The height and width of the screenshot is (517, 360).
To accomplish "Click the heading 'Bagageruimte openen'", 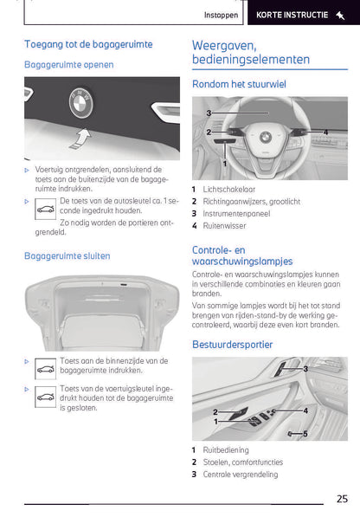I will coord(68,64).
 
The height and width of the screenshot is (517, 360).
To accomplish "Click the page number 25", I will coord(343,498).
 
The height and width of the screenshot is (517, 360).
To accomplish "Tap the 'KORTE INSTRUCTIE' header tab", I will coord(299,15).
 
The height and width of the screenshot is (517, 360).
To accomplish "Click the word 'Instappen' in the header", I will coord(222,15).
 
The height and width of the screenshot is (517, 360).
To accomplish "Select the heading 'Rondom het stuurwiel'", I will coord(238,84).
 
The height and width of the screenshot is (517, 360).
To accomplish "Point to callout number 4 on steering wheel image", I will coord(325,132).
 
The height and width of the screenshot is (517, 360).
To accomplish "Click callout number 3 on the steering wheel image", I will coord(209,113).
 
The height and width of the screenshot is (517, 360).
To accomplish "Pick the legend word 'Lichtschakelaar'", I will coord(228,189).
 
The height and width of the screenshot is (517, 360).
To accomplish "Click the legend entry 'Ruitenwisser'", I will coord(225,225).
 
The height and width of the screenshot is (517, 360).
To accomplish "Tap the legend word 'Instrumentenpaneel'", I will coord(235,213).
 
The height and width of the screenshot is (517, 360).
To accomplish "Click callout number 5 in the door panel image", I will coord(305,433).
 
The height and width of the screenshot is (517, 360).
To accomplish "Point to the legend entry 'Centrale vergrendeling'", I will coord(241,475).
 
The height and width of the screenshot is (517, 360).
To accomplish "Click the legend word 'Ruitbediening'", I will coord(226,450).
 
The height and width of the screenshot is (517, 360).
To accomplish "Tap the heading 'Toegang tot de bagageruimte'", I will coord(88,43).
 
